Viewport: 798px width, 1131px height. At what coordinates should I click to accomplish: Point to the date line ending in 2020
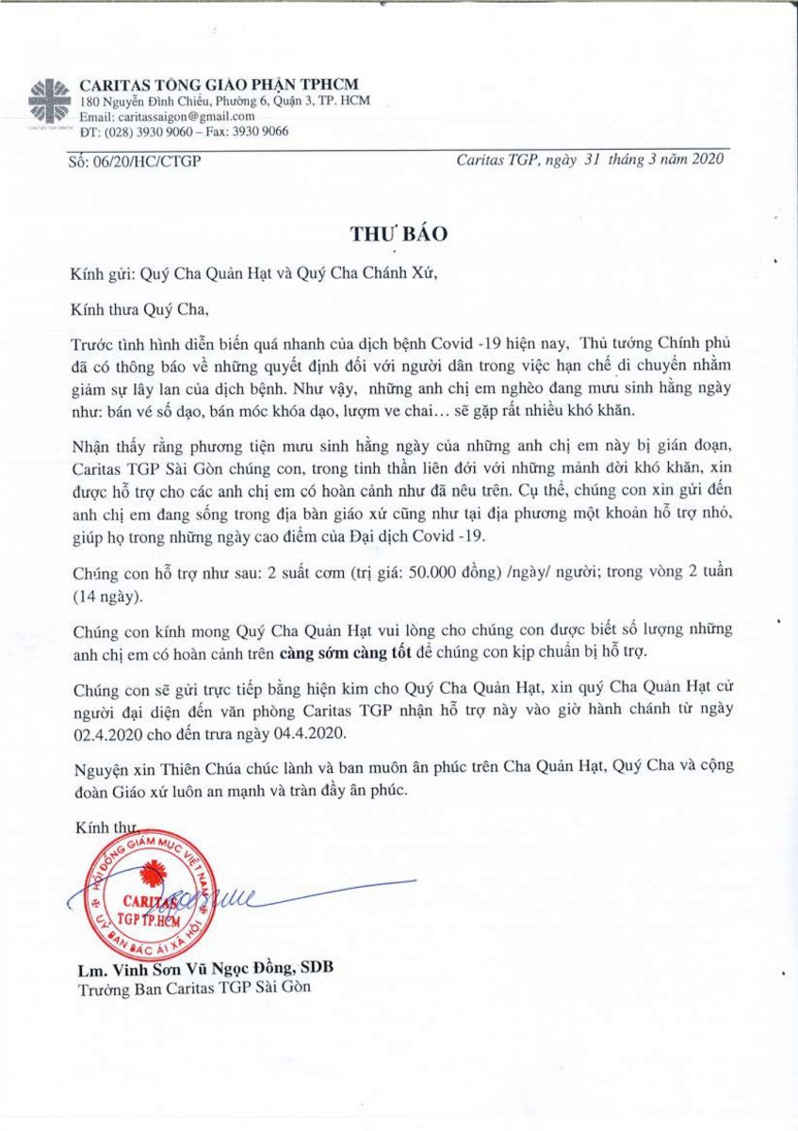590,159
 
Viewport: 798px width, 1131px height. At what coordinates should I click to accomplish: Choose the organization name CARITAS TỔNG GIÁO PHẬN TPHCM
220,84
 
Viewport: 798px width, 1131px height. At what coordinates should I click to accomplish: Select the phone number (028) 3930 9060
151,132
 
